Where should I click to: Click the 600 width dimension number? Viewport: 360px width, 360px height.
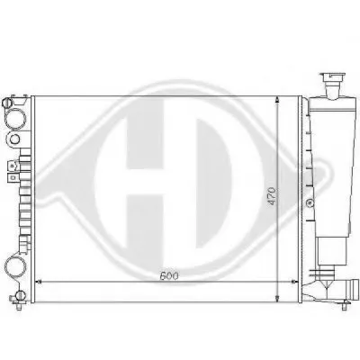click(x=169, y=275)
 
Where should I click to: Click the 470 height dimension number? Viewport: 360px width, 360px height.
click(x=272, y=196)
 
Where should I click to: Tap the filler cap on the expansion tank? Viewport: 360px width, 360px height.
click(x=334, y=77)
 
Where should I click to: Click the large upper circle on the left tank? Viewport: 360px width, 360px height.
click(x=15, y=119)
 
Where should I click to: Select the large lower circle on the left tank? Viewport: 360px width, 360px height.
click(x=15, y=267)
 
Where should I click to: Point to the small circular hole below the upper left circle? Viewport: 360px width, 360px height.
click(x=14, y=139)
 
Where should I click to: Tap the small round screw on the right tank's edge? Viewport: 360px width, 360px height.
click(x=308, y=203)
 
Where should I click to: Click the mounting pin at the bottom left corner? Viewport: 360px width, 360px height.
click(x=19, y=306)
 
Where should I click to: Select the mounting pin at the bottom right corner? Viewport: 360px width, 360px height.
click(x=344, y=306)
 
